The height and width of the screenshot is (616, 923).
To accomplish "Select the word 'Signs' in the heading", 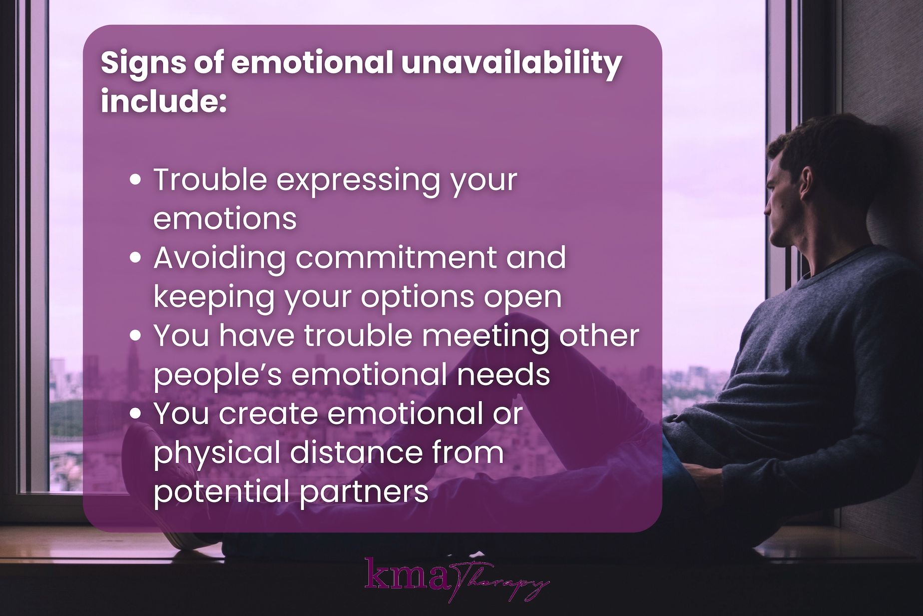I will [x=143, y=63].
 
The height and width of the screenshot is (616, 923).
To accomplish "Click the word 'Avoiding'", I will [x=219, y=258].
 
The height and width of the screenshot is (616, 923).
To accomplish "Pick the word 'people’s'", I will [x=218, y=375].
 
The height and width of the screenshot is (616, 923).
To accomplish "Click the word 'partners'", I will [x=364, y=492].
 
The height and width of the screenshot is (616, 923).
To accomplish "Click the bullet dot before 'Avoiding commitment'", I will [x=135, y=258].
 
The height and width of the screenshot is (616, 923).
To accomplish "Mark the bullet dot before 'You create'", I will [x=135, y=414].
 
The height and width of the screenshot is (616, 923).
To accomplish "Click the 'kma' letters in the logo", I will [x=407, y=575].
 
